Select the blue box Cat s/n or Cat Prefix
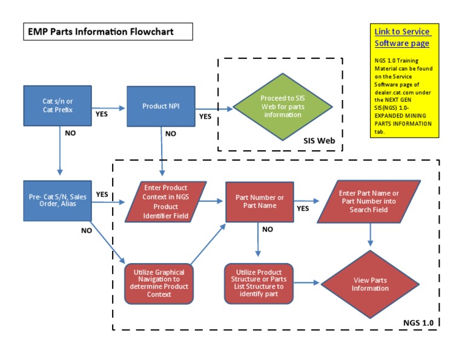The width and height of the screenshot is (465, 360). (x=58, y=105)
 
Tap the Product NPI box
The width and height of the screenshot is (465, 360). (x=160, y=106)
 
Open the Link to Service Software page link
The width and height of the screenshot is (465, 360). (x=402, y=37)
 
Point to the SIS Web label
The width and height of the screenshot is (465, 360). (x=319, y=141)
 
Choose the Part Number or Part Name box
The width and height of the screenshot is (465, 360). (x=259, y=201)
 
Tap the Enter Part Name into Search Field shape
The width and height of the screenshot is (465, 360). (x=369, y=201)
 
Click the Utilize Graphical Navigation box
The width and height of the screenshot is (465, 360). (x=158, y=282)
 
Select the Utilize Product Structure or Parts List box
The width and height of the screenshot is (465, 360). (x=259, y=282)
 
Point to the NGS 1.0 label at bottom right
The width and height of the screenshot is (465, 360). (x=418, y=322)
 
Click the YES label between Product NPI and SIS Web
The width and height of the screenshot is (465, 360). (x=206, y=116)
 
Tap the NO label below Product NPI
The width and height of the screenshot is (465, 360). (x=171, y=133)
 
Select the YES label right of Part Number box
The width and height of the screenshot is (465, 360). (x=303, y=208)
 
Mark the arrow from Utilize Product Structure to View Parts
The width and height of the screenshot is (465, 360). (x=306, y=282)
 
